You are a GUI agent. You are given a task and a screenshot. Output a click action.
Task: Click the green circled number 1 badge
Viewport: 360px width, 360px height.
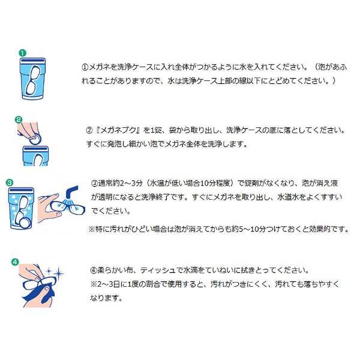tap(22, 53)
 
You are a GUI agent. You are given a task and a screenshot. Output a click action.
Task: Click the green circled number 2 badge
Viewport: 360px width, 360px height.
tap(19, 119)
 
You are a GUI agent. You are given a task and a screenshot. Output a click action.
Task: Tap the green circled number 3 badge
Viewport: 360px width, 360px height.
tap(10, 183)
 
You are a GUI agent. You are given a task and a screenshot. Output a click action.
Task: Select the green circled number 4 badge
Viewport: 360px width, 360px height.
tap(15, 262)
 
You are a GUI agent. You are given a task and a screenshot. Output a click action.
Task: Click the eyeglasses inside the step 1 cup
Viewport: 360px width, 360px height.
tap(33, 80)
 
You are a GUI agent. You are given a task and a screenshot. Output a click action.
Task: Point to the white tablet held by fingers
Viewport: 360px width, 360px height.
tap(35, 139)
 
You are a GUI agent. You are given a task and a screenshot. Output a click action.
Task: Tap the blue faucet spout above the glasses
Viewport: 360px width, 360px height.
tap(72, 191)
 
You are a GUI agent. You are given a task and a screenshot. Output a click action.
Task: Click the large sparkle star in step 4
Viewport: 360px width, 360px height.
tap(59, 273)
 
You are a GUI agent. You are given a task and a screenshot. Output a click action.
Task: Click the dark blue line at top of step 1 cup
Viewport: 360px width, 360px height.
tap(32, 61)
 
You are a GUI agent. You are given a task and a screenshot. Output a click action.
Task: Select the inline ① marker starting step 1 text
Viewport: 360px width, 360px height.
tap(85, 67)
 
